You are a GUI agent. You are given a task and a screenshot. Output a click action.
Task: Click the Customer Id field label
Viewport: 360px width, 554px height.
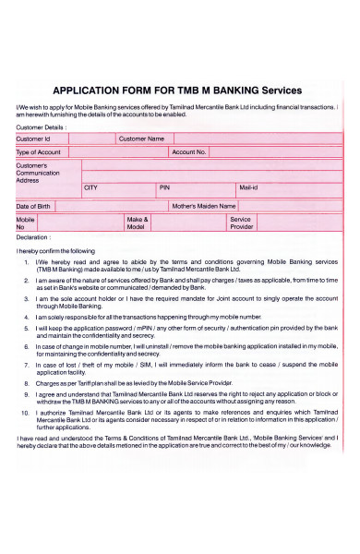(33, 138)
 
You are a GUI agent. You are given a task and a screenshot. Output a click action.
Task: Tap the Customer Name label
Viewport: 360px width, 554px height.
(142, 138)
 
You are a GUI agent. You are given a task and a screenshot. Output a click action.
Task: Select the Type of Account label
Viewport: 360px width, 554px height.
(39, 151)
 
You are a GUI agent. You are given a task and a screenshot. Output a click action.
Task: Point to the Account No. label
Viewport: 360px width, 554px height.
(189, 151)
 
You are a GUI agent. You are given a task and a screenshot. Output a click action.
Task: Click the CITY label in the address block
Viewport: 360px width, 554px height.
(90, 187)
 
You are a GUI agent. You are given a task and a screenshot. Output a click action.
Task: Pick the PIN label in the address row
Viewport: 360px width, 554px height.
(164, 187)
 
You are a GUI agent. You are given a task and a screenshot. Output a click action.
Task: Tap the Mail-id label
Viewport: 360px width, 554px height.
(248, 187)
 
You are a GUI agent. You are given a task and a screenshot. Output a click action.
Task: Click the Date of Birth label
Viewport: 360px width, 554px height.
(33, 206)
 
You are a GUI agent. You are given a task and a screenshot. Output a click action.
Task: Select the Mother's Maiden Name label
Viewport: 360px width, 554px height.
(204, 206)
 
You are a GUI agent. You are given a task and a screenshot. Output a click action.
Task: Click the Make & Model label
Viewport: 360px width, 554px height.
(137, 223)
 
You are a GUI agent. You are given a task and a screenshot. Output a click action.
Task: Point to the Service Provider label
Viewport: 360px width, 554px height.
(241, 223)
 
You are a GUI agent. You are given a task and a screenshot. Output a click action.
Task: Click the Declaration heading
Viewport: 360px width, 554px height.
(32, 237)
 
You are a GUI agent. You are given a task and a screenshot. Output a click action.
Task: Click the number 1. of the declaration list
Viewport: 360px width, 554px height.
(27, 263)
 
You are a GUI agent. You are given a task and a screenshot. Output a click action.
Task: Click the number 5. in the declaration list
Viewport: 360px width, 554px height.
(27, 328)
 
